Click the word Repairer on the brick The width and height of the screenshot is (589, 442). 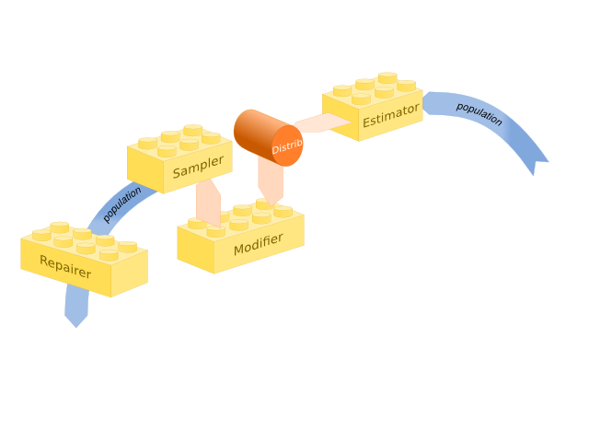coord(65,267)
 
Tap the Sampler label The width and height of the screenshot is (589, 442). coord(198,167)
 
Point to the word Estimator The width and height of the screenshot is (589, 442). coord(390,116)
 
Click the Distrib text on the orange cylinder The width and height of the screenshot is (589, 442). coord(287,146)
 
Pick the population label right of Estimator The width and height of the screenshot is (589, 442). coord(479,113)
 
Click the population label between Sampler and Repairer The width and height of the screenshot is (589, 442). coord(122,204)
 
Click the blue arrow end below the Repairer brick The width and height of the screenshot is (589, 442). coord(75,313)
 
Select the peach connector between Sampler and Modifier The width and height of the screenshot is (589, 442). coord(208,203)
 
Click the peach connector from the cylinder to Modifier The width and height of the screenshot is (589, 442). coord(270,180)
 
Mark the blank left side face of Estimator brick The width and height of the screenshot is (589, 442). coord(340,117)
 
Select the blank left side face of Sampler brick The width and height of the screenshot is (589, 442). coord(144,169)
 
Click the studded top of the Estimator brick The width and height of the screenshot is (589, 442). coord(373,89)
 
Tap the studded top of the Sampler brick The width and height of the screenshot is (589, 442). coord(179,142)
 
